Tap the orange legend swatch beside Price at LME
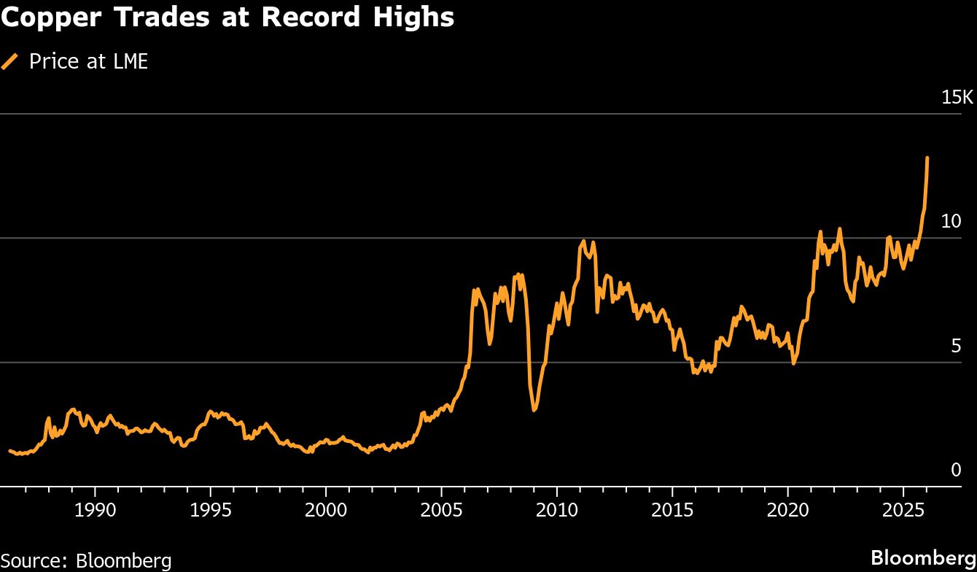10,61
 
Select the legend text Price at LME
88,61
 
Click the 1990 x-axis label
95,509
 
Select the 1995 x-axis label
211,509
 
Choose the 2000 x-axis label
326,509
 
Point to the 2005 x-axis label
442,509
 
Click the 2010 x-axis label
557,509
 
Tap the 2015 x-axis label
673,509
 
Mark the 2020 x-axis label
788,509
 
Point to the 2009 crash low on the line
534,410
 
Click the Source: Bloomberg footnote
86,560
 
